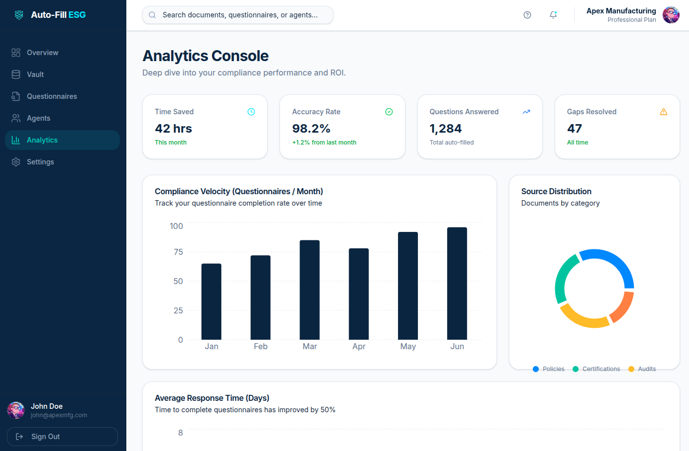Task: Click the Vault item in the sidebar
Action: [35, 75]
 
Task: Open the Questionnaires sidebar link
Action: [52, 96]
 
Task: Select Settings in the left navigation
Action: [40, 162]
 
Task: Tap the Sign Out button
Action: [62, 437]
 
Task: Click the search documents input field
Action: [239, 15]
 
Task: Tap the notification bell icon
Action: [553, 15]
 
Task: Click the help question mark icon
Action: [527, 15]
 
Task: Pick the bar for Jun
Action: [457, 283]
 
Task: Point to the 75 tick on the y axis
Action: [178, 252]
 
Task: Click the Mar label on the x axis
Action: [309, 347]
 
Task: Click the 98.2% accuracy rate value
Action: [311, 129]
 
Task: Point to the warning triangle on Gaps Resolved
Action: [664, 112]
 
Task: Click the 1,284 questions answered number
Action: [446, 129]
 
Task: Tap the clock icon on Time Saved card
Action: [251, 112]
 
